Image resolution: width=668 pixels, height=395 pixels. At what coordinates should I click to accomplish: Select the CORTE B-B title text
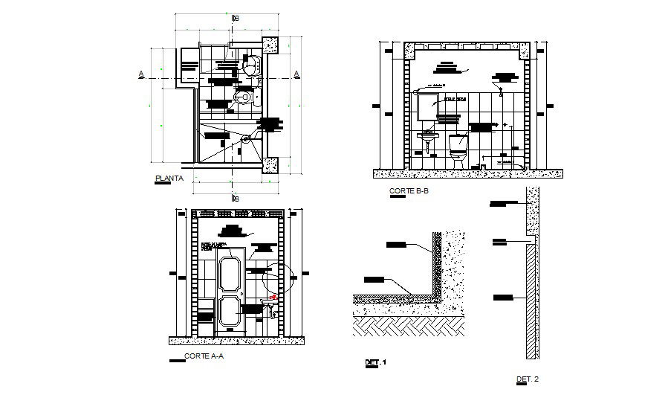tap(409, 191)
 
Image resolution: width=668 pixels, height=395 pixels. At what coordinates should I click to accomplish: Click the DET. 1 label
tap(376, 362)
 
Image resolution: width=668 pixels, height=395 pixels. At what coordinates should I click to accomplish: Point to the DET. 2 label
tap(526, 379)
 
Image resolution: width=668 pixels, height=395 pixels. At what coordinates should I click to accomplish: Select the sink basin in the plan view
tap(250, 66)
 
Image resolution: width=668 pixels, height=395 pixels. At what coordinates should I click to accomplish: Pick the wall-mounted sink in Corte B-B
tap(427, 138)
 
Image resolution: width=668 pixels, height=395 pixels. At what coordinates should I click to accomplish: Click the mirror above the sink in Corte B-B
tap(427, 107)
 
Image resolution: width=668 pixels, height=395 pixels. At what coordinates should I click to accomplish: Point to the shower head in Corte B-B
tap(503, 93)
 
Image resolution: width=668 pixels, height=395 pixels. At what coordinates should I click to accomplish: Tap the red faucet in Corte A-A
tap(274, 297)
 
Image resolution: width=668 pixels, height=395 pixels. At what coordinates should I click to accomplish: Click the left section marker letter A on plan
tap(140, 74)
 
